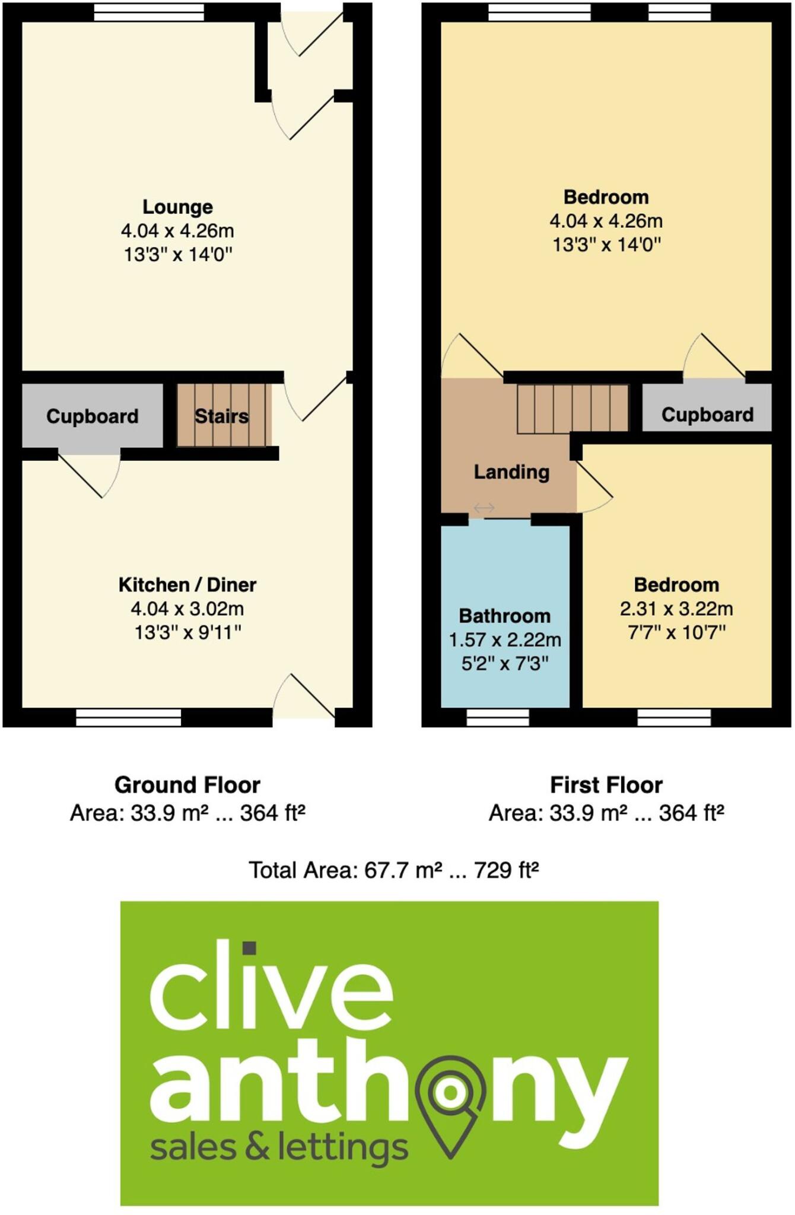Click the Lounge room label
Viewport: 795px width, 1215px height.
(177, 207)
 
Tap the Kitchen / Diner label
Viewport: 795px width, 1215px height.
(187, 585)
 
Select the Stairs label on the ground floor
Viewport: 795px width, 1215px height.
(221, 416)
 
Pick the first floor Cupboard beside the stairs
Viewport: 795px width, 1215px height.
(707, 415)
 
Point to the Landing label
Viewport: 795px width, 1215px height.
(511, 472)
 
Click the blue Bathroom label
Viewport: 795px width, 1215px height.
(505, 616)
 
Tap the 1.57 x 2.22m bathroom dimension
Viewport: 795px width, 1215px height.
(505, 640)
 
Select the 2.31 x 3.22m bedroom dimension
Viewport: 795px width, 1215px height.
(676, 609)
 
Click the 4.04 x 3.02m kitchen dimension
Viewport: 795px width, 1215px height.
(187, 609)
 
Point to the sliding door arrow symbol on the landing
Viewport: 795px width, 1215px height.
(484, 508)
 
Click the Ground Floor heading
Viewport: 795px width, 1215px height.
(187, 785)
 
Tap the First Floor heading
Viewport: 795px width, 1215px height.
(606, 785)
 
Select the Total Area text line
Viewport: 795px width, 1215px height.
(393, 870)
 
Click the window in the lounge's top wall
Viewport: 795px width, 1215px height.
(149, 12)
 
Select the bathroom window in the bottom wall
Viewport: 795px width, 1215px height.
(498, 718)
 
